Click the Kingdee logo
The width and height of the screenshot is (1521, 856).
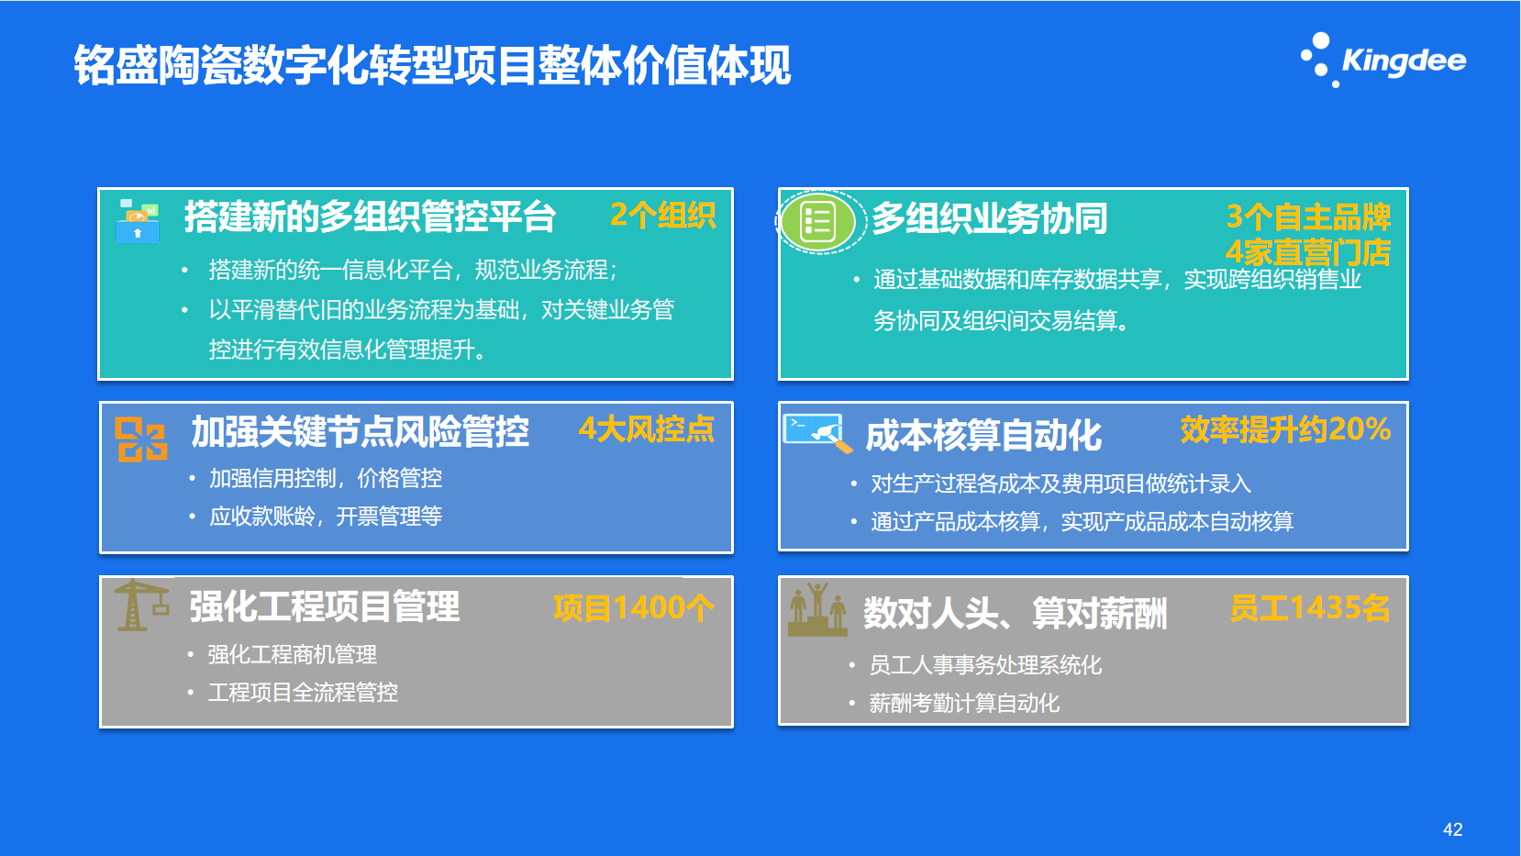tap(1383, 60)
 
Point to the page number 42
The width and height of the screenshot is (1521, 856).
tap(1452, 828)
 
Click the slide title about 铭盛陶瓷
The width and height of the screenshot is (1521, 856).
tap(432, 66)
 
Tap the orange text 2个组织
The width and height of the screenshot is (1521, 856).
tap(662, 216)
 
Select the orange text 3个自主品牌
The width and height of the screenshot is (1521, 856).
tap(1308, 217)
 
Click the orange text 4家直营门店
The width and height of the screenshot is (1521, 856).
tap(1308, 252)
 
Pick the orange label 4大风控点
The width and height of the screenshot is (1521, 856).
tap(647, 429)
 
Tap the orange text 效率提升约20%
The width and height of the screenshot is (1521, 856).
tap(1285, 429)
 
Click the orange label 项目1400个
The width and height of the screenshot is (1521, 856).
tap(634, 607)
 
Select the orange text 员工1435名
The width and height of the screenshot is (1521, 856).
tap(1310, 607)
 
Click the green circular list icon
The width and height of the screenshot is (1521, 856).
tap(818, 221)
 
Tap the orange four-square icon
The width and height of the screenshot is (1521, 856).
tap(140, 439)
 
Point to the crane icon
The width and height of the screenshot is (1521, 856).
tap(141, 605)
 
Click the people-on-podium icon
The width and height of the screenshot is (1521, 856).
tap(817, 608)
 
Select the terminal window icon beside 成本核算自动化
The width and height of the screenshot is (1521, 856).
tap(816, 433)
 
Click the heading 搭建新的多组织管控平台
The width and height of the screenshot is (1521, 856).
tap(370, 217)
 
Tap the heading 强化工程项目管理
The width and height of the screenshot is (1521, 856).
tap(325, 606)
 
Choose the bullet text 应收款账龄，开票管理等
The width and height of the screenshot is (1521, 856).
tap(326, 517)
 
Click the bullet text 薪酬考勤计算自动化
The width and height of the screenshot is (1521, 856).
tap(964, 704)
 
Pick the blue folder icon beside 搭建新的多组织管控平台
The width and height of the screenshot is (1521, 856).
tap(138, 221)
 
